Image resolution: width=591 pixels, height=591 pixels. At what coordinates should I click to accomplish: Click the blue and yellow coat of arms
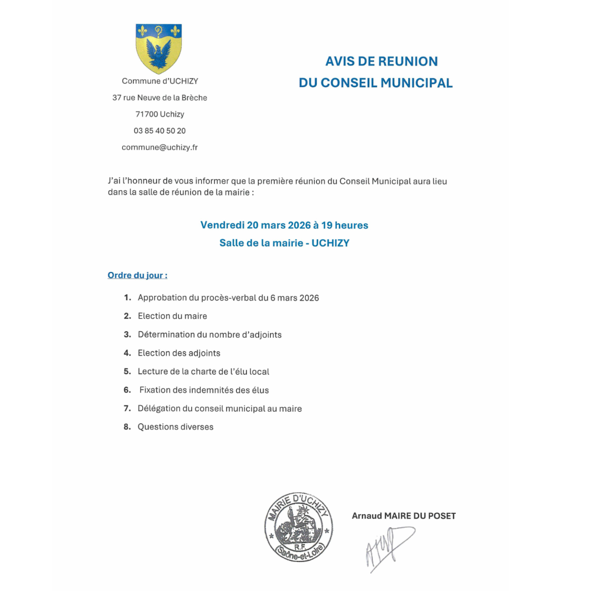(159, 49)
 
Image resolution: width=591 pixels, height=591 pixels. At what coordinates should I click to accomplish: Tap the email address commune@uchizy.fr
(160, 148)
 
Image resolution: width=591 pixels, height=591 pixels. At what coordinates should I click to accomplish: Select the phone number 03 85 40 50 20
(160, 131)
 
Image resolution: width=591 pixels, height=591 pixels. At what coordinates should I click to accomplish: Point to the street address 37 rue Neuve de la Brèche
(160, 98)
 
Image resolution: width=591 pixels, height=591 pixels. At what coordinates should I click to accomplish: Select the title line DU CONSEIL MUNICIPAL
(376, 83)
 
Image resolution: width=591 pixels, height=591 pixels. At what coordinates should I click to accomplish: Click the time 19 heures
(345, 226)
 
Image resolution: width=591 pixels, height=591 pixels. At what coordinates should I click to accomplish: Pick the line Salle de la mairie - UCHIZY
(284, 243)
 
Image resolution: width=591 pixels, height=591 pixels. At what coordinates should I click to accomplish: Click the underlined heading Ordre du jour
(137, 275)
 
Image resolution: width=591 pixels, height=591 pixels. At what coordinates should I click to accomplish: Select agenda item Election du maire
(172, 316)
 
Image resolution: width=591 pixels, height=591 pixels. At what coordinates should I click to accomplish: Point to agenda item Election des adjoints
(179, 353)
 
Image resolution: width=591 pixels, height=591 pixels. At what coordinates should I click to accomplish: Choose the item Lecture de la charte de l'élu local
(204, 372)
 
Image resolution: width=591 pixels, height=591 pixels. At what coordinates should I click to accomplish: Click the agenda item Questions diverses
(176, 427)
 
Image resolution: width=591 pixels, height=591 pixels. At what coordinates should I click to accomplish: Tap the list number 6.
(127, 390)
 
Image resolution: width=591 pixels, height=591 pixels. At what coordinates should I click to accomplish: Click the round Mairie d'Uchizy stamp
(299, 527)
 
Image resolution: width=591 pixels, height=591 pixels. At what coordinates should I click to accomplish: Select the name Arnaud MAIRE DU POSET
(404, 516)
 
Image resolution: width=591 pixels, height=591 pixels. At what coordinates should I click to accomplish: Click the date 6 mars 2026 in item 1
(295, 298)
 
